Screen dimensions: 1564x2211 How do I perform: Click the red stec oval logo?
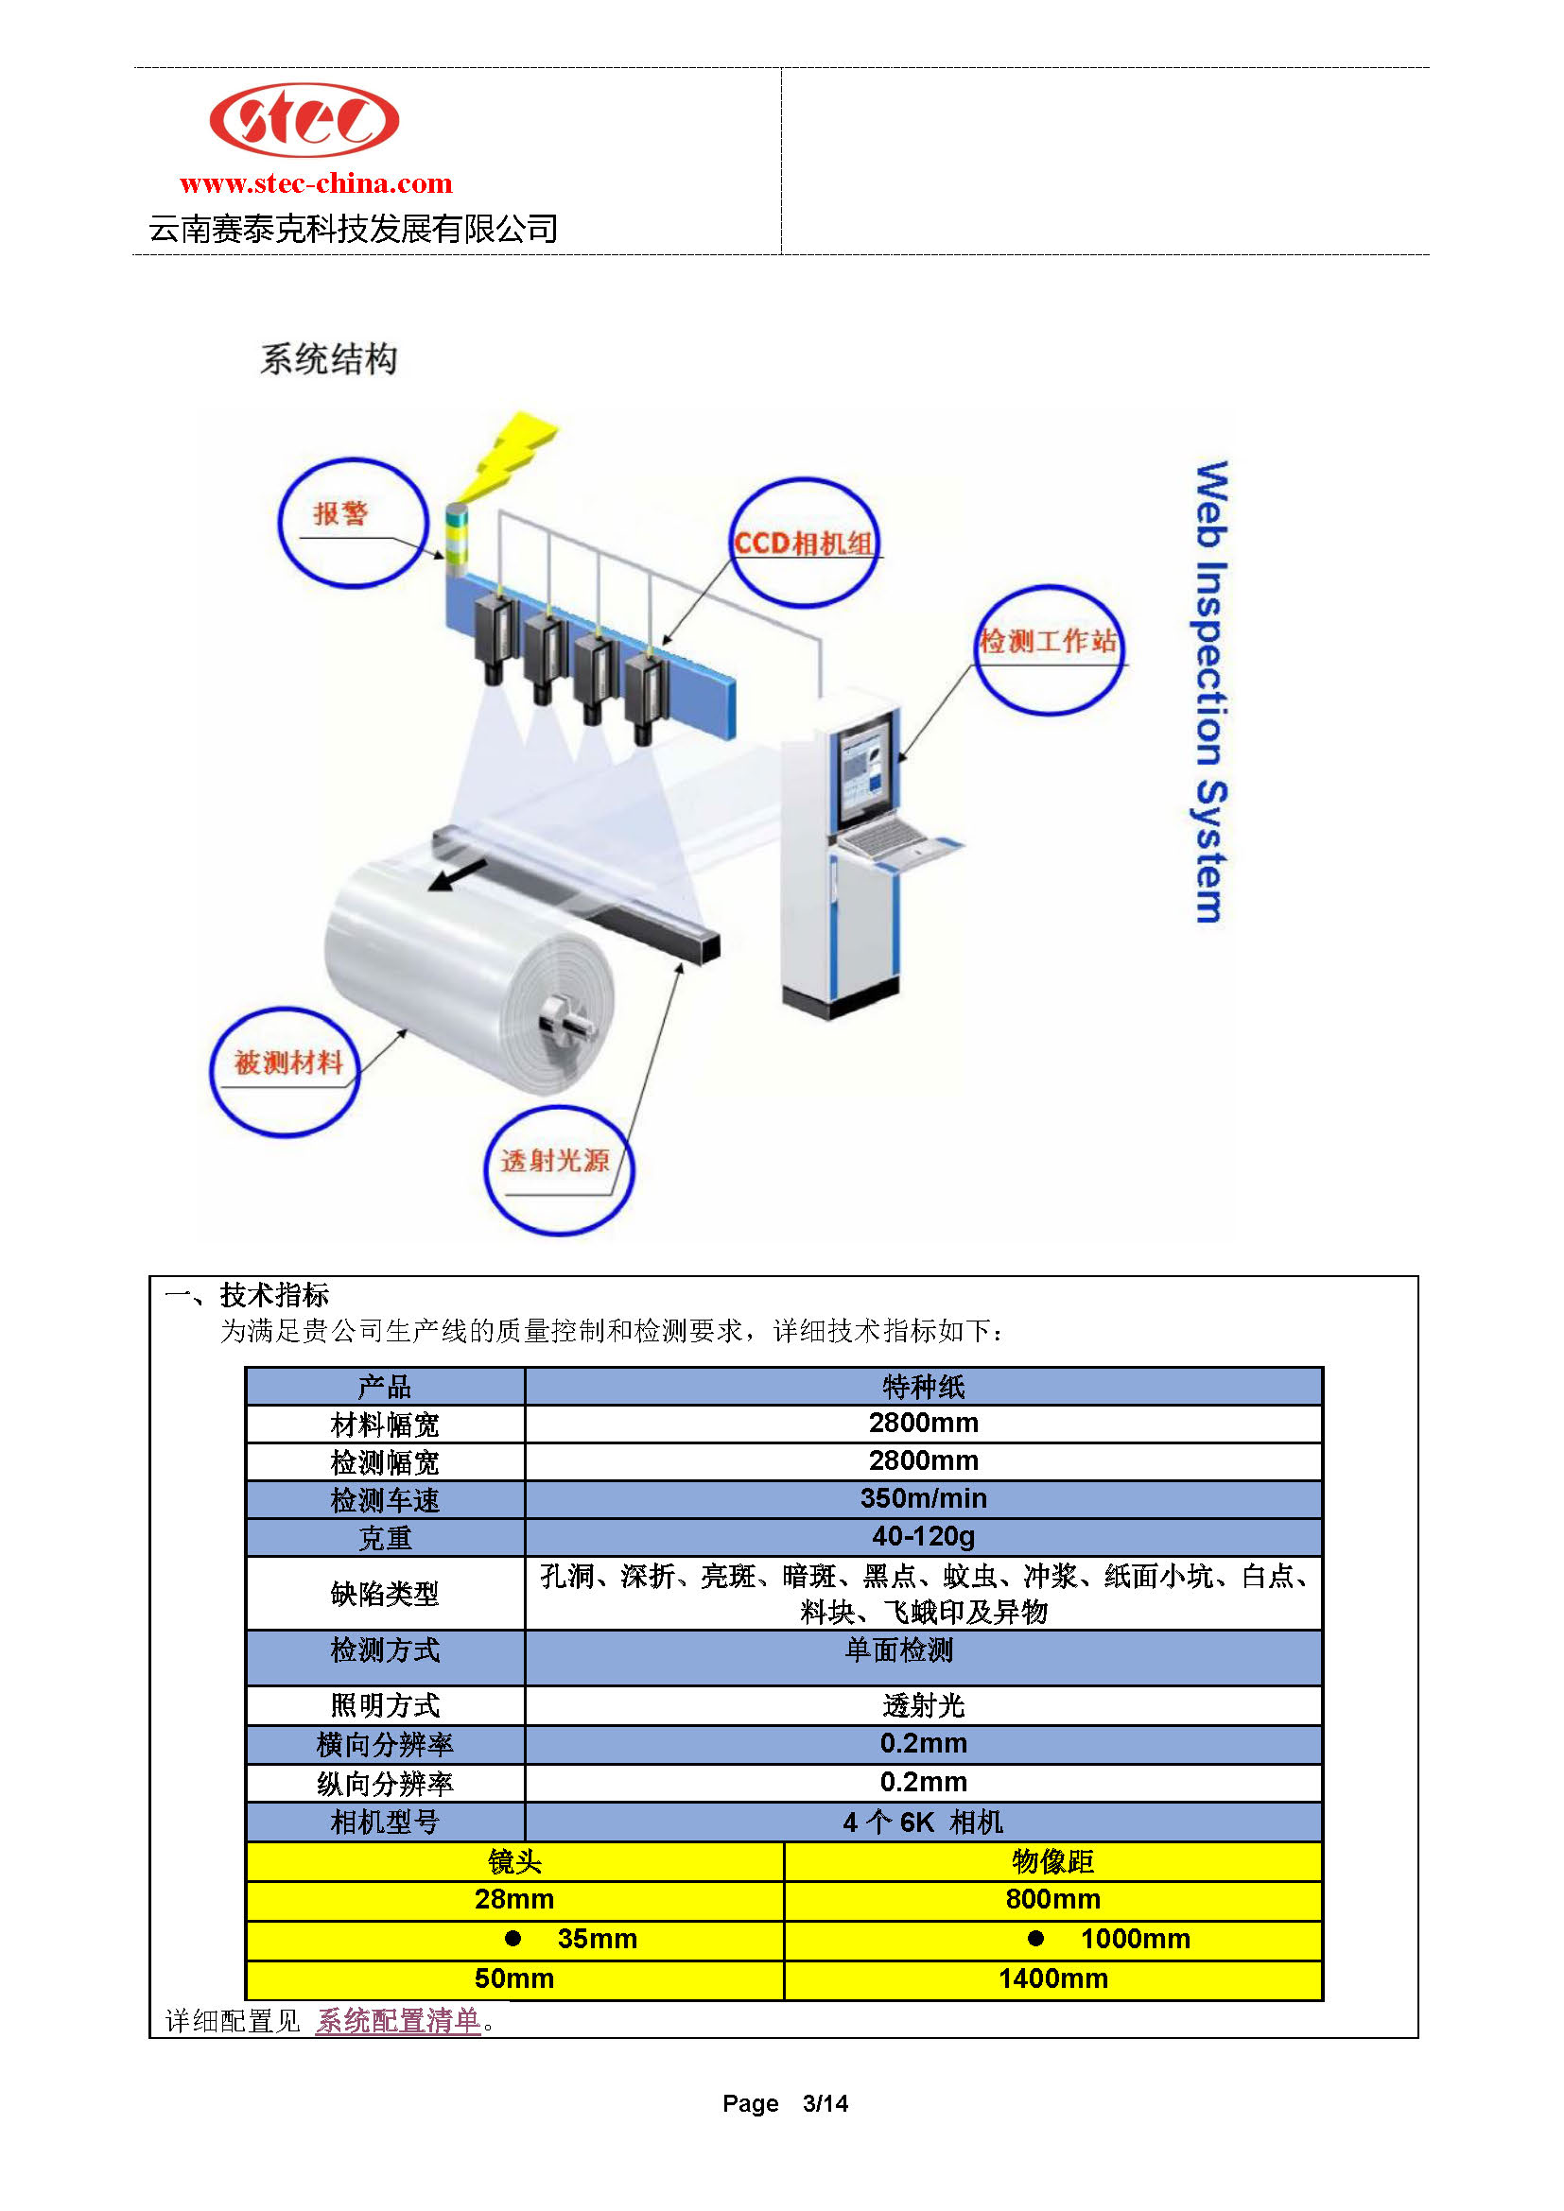pos(304,119)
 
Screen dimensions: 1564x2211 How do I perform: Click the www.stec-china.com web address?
pos(316,183)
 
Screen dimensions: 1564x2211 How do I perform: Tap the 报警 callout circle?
pos(280,523)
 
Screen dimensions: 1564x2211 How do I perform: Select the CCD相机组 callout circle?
pos(732,543)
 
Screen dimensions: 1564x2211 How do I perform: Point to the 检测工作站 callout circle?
pos(977,651)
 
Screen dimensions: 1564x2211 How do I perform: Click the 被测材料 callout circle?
pos(212,1072)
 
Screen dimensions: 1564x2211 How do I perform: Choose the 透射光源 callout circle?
pos(486,1170)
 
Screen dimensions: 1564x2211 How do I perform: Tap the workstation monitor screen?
pos(865,772)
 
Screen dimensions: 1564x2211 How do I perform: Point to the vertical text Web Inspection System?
pos(1210,691)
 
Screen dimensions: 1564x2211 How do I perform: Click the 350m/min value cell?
pos(923,1498)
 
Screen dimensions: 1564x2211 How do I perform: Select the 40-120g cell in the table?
pos(923,1536)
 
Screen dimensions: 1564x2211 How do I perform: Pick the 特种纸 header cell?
pos(923,1386)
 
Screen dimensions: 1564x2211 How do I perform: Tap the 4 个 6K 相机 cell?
pos(923,1822)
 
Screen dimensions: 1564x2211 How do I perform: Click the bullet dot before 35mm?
pos(513,1938)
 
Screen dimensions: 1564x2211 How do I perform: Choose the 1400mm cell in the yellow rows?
pos(1052,1978)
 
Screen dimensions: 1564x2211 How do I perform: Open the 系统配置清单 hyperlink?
pos(399,2020)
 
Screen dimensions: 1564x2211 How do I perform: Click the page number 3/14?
pos(825,2103)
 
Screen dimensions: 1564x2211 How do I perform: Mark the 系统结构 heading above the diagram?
pos(328,358)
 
